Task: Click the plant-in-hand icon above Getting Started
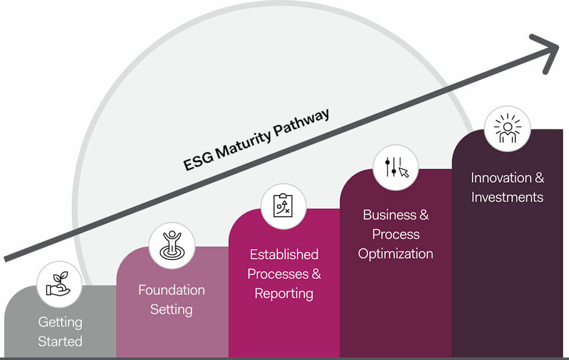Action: [x=59, y=283]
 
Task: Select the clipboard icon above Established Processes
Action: [x=283, y=206]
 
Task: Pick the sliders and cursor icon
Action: [x=396, y=167]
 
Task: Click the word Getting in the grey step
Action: [x=60, y=322]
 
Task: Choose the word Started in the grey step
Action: [x=60, y=342]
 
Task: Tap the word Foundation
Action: [x=171, y=290]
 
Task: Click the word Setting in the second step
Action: [x=171, y=310]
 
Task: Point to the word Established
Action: [x=284, y=254]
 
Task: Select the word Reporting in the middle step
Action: [x=284, y=294]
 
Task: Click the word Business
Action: [x=390, y=215]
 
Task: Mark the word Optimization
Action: [x=396, y=254]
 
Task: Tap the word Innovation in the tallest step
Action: [x=501, y=177]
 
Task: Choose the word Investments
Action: [x=507, y=197]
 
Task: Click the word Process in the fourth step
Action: [x=396, y=234]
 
